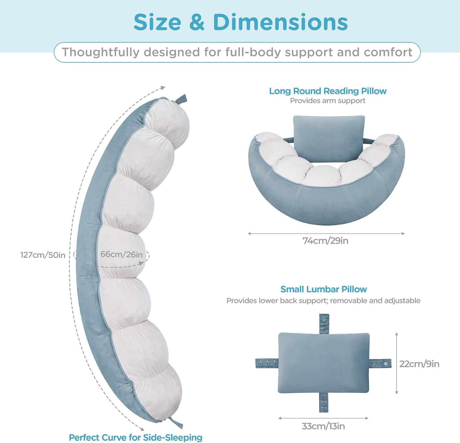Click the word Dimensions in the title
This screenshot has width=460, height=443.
[280, 22]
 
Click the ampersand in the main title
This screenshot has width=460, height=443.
[197, 22]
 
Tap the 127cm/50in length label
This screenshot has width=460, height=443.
[43, 255]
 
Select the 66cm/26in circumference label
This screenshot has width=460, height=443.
[121, 254]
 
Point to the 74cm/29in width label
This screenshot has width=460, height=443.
[325, 241]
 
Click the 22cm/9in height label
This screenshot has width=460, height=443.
[419, 364]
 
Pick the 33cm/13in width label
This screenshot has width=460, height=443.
[323, 426]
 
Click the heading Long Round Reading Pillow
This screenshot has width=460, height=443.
[328, 91]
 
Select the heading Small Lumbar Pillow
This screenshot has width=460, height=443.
[324, 289]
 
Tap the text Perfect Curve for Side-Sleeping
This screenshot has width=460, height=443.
[136, 437]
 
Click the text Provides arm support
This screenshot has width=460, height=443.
[328, 101]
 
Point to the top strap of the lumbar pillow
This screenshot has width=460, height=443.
[324, 324]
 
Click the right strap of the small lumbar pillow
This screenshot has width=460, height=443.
[380, 363]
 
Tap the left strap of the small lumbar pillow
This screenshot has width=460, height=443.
[267, 363]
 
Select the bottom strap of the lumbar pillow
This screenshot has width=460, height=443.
[324, 402]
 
